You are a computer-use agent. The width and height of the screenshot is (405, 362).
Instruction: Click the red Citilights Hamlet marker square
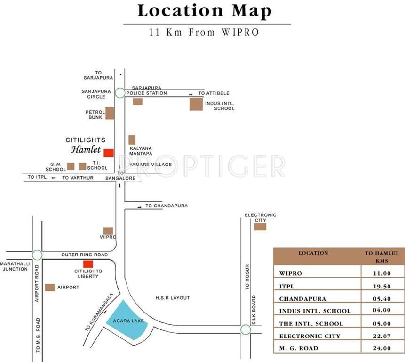[x=109, y=153]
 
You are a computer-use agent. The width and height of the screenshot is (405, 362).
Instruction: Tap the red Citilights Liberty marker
[x=87, y=264]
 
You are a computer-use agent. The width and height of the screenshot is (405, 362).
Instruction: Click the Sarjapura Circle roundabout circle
[x=120, y=93]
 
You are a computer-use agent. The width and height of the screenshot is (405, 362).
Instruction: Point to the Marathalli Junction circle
[x=37, y=255]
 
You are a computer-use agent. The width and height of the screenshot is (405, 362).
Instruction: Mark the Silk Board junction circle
[x=246, y=329]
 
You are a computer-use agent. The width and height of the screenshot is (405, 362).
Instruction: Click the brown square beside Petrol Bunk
[x=110, y=113]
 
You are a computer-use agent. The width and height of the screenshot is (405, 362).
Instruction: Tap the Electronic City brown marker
[x=260, y=227]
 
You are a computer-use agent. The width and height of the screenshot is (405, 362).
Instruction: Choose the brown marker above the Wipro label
[x=108, y=231]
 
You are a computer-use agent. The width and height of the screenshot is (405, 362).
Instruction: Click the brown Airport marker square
[x=50, y=287]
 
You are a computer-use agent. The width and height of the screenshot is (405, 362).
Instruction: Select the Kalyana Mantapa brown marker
[x=132, y=140]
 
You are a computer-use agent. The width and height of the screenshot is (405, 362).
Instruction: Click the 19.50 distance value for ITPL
[x=381, y=286]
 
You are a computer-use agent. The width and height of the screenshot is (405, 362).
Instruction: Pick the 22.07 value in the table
[x=381, y=336]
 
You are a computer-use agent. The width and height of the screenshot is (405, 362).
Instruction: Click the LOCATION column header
[x=313, y=253]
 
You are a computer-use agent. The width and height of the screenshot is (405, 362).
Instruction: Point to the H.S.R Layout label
[x=173, y=298]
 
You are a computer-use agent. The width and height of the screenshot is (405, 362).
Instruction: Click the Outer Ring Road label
[x=85, y=255]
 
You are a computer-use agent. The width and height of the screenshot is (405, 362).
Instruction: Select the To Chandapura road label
[x=166, y=206]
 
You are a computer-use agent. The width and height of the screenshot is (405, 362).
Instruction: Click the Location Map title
[x=205, y=11]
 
